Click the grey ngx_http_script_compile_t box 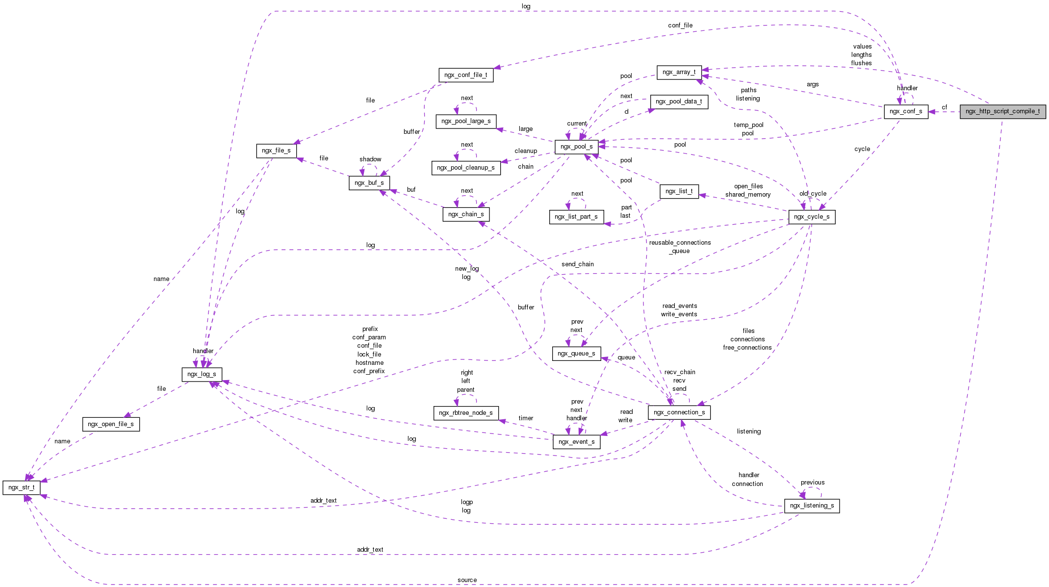pyautogui.click(x=1002, y=111)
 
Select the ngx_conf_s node pyautogui.click(x=906, y=111)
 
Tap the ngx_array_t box pyautogui.click(x=679, y=72)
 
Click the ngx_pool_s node pyautogui.click(x=576, y=147)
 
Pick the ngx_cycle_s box pyautogui.click(x=811, y=217)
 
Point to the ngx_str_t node pyautogui.click(x=22, y=487)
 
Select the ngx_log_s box pyautogui.click(x=202, y=374)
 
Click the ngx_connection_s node pyautogui.click(x=679, y=412)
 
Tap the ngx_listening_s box pyautogui.click(x=812, y=506)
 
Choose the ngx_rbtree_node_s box pyautogui.click(x=465, y=413)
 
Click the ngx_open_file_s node pyautogui.click(x=111, y=424)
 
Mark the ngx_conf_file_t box pyautogui.click(x=465, y=75)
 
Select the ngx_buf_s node pyautogui.click(x=369, y=183)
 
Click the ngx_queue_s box pyautogui.click(x=576, y=354)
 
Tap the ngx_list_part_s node pyautogui.click(x=576, y=217)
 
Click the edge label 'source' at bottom pyautogui.click(x=467, y=580)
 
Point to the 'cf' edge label pyautogui.click(x=944, y=107)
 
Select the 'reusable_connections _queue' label pyautogui.click(x=680, y=247)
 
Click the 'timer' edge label pyautogui.click(x=526, y=418)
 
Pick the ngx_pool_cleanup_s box pyautogui.click(x=465, y=168)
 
